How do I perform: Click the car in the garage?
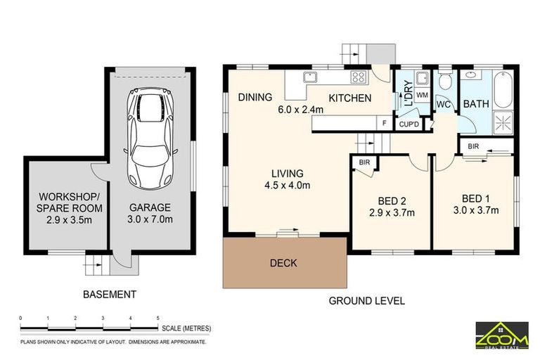(x=150, y=139)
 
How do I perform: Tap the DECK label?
(x=283, y=263)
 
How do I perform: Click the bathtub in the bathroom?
(x=503, y=90)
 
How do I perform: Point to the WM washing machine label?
(x=423, y=94)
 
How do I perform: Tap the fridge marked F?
(x=385, y=123)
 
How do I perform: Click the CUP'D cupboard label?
(x=409, y=124)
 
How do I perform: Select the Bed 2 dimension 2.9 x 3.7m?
(x=392, y=212)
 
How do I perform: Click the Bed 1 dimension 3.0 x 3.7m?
(x=476, y=210)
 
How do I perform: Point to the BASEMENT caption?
(x=110, y=295)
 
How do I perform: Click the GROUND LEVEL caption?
(x=367, y=301)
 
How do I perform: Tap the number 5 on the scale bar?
(x=158, y=319)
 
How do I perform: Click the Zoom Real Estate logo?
(x=502, y=335)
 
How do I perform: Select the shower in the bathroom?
(x=503, y=122)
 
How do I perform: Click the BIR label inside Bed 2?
(x=364, y=162)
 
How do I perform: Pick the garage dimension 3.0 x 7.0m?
(x=150, y=219)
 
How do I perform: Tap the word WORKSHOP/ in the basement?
(x=69, y=197)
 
